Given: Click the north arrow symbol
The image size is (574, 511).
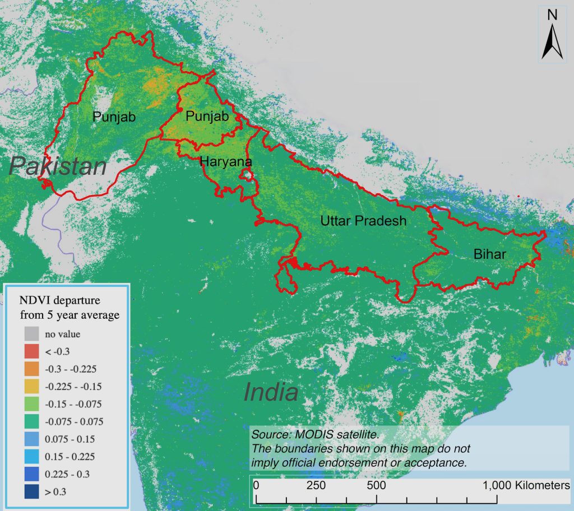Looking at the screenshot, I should click(552, 43).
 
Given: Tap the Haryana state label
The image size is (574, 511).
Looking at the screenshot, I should click(226, 162).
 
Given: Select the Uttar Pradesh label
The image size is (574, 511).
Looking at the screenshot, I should click(363, 221).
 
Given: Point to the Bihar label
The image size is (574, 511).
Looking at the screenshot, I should click(489, 254).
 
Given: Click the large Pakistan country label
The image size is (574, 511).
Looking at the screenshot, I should click(58, 168).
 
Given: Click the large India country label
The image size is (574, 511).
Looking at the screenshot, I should click(271, 392).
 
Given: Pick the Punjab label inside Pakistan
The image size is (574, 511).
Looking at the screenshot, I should click(114, 117).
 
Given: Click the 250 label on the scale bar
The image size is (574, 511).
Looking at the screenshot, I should click(316, 484).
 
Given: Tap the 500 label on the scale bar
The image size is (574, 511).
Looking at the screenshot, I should click(376, 484).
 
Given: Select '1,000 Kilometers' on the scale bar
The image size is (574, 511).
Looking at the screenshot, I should click(526, 484).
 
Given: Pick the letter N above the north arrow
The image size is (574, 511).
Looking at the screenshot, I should click(552, 15).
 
